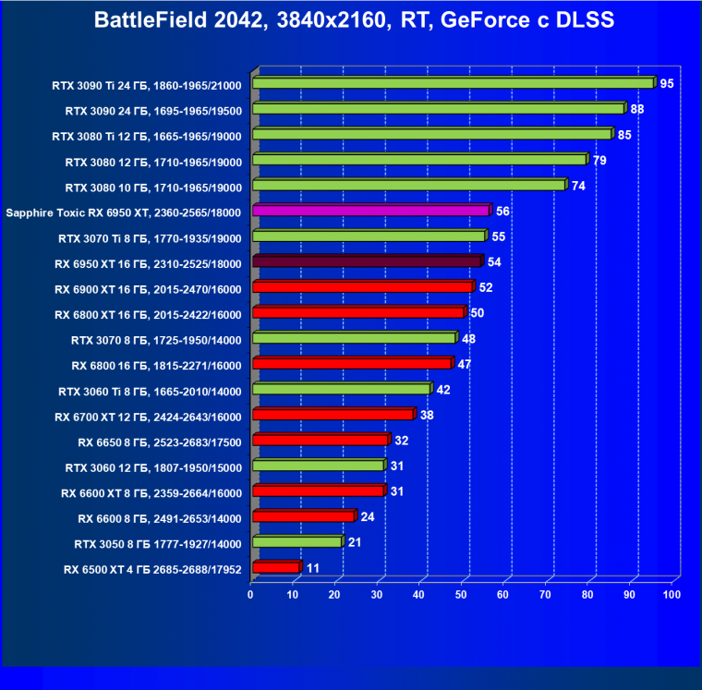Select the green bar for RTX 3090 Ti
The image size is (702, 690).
point(453,83)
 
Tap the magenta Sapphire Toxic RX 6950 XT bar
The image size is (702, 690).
point(370,211)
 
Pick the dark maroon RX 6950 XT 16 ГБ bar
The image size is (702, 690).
point(367,262)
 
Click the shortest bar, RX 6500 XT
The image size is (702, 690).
point(275,567)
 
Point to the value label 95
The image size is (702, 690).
point(667,84)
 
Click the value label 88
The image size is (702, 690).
point(637,109)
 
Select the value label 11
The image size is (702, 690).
point(313,568)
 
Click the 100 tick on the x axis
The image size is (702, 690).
point(672,594)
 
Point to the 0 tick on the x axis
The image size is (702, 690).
point(250,594)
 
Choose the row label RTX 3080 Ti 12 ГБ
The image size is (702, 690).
point(147,136)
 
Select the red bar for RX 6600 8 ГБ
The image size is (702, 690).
point(303,516)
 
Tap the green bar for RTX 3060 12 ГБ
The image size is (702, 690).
point(317,466)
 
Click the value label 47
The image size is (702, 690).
point(465,364)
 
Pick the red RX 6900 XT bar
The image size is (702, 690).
point(362,287)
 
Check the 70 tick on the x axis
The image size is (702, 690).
point(546,594)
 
